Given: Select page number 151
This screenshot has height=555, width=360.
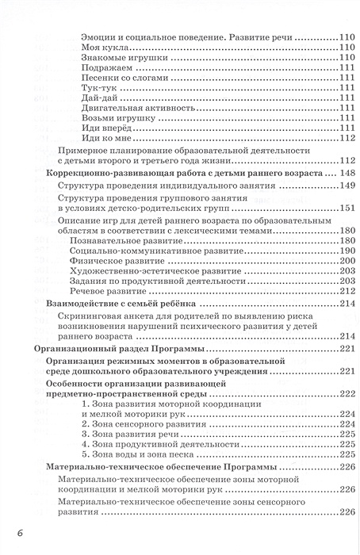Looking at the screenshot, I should point(341,209).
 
